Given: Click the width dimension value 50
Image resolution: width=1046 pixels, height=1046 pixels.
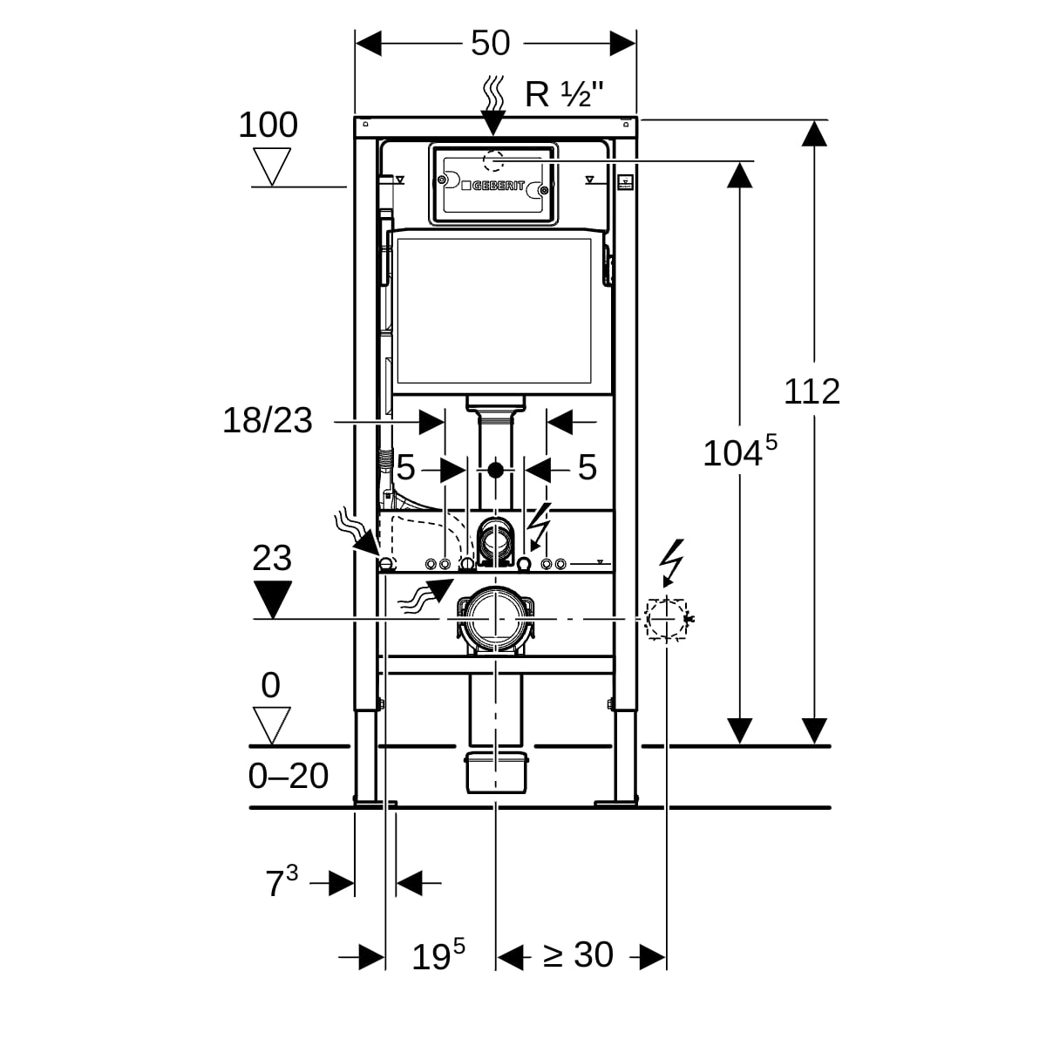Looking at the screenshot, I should pyautogui.click(x=490, y=43).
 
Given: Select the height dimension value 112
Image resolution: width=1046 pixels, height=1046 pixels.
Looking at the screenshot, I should pyautogui.click(x=812, y=391).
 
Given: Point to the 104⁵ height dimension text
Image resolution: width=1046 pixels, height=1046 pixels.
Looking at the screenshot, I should pyautogui.click(x=739, y=452).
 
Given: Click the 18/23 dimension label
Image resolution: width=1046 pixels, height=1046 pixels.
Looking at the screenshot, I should pyautogui.click(x=268, y=421).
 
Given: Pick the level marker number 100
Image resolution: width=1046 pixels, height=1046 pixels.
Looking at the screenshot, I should pyautogui.click(x=268, y=126).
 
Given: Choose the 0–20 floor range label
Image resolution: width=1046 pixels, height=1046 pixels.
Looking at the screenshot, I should pyautogui.click(x=289, y=776).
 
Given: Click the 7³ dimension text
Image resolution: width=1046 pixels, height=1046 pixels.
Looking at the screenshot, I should pyautogui.click(x=281, y=882).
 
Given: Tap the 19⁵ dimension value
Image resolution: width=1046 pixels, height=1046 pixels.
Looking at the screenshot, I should pyautogui.click(x=438, y=955).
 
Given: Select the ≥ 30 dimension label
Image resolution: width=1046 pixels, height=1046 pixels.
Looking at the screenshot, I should pyautogui.click(x=579, y=955).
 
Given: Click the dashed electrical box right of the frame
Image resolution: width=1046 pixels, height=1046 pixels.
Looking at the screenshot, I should pyautogui.click(x=667, y=619).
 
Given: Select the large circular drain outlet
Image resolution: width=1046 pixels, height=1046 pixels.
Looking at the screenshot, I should pyautogui.click(x=494, y=618).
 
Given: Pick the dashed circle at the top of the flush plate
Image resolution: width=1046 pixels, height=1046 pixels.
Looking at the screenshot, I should pyautogui.click(x=494, y=162).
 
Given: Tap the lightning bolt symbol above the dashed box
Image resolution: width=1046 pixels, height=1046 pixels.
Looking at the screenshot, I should pyautogui.click(x=672, y=559).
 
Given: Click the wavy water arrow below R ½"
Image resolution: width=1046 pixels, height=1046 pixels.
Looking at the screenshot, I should pyautogui.click(x=494, y=103).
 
